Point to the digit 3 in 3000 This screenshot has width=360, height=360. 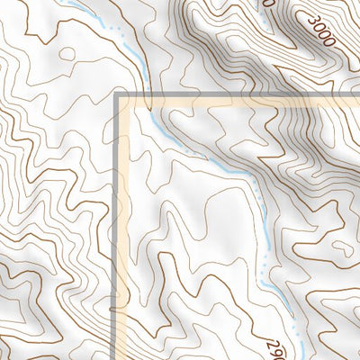pos(310,20)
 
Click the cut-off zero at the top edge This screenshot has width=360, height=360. pos(267,4)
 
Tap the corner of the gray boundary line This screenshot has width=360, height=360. pos(117,95)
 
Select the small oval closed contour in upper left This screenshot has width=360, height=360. pos(66,53)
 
